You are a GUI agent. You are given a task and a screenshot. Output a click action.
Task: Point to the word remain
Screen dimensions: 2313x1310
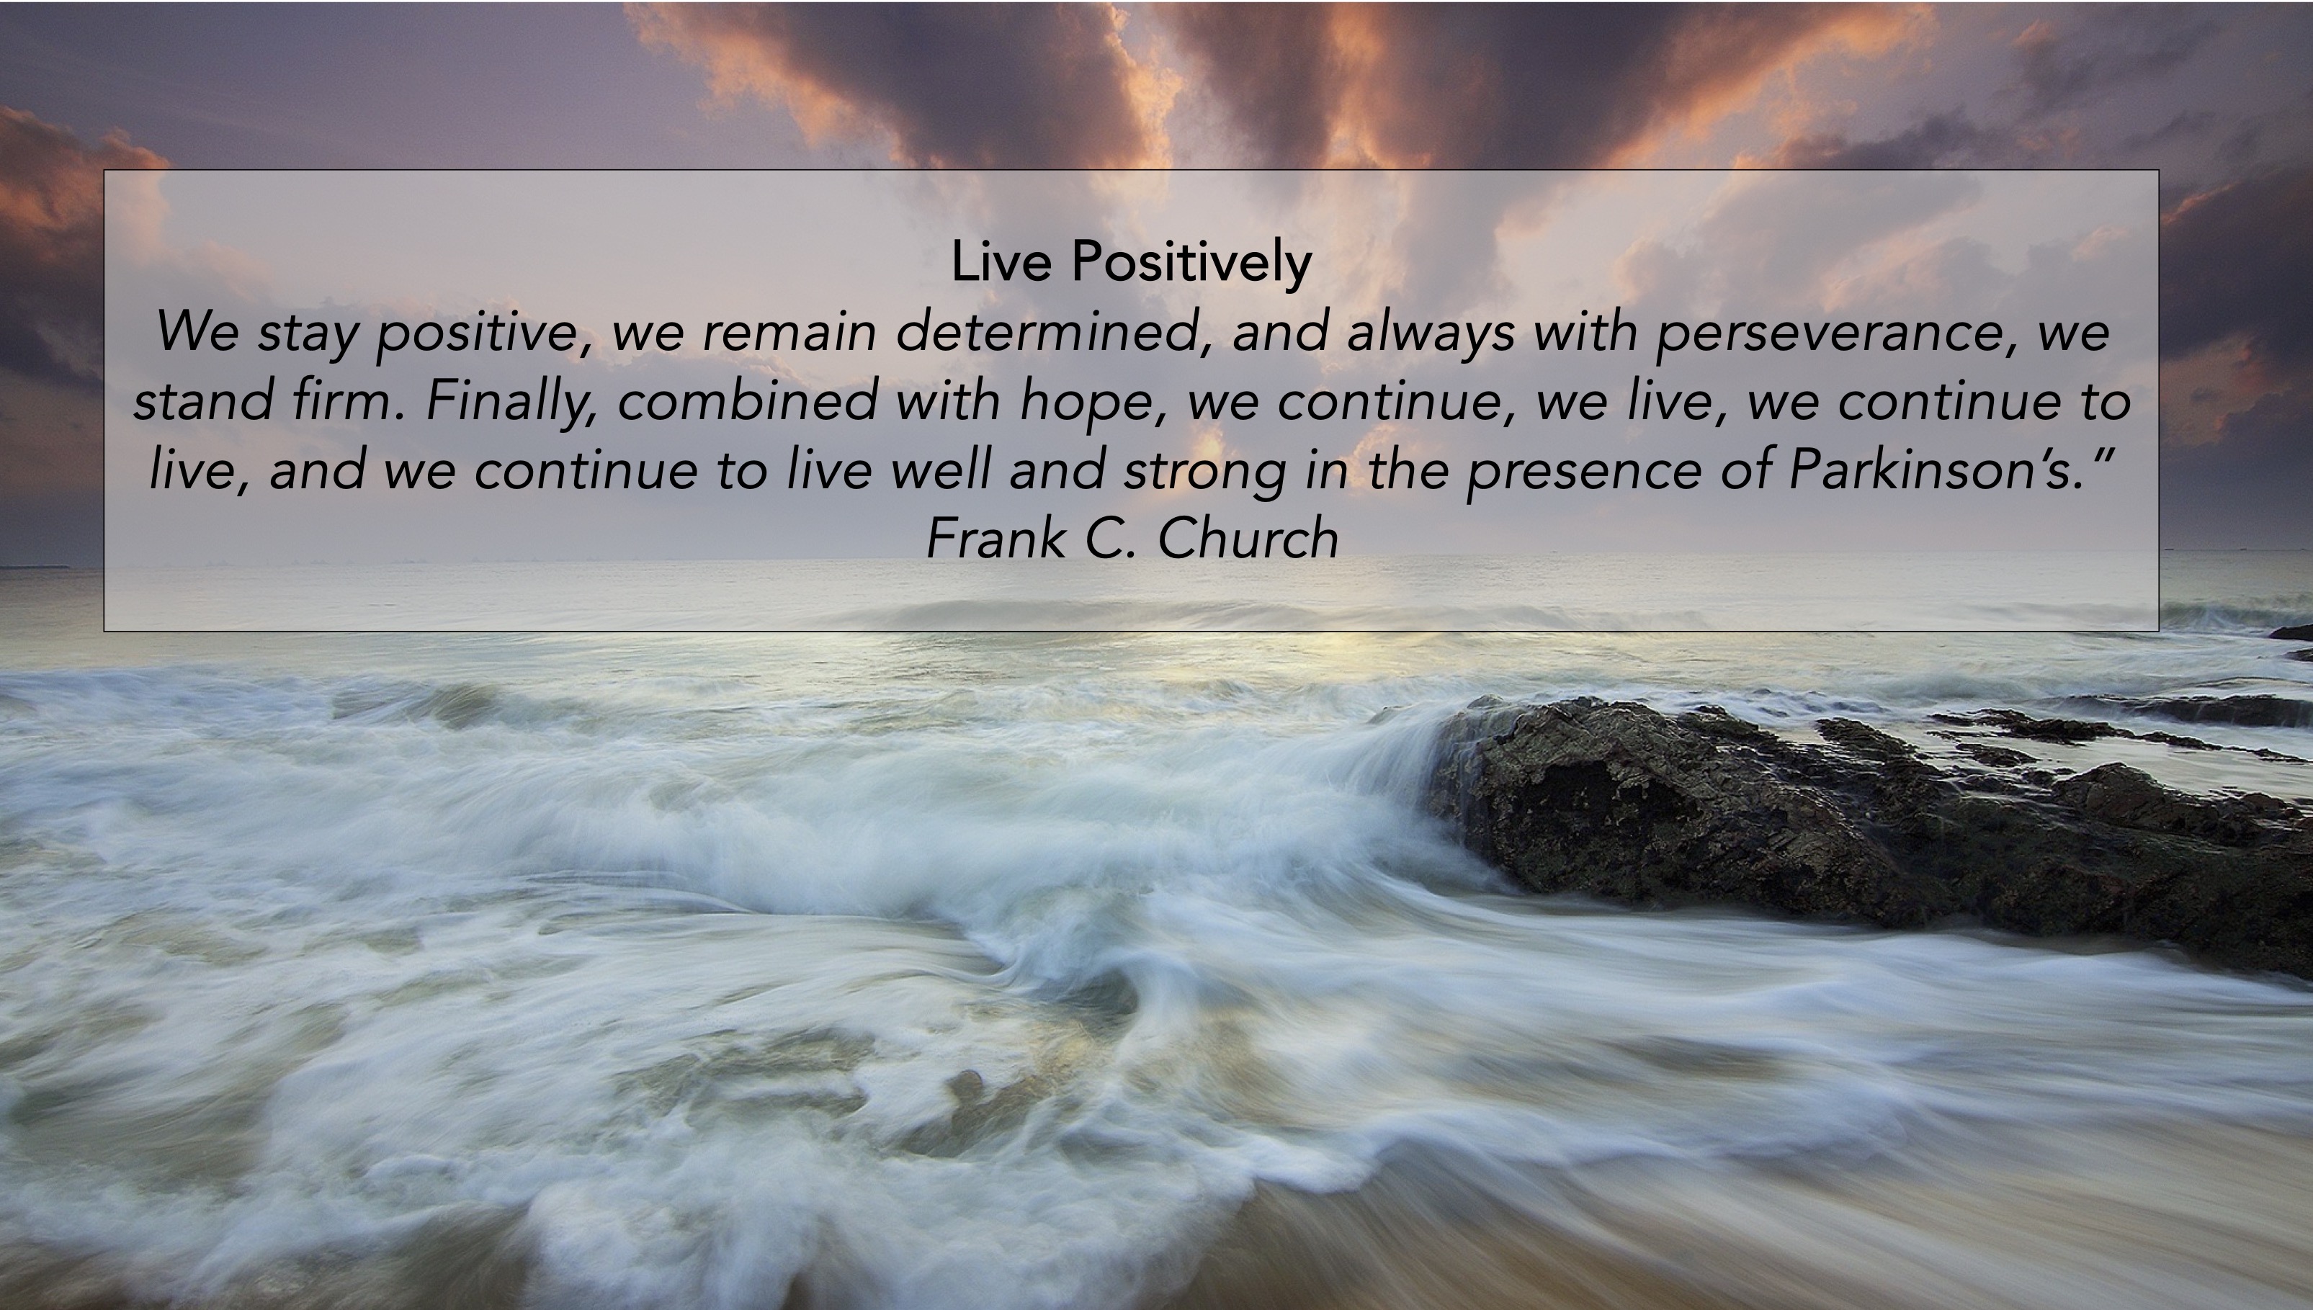[789, 331]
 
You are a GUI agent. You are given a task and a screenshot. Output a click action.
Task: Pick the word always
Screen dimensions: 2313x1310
[1431, 333]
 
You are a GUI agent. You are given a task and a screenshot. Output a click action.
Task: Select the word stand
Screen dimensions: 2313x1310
[202, 400]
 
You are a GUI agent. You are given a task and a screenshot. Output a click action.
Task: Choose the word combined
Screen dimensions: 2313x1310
[747, 400]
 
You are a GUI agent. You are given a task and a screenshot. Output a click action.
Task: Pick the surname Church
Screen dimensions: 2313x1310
[1248, 538]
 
